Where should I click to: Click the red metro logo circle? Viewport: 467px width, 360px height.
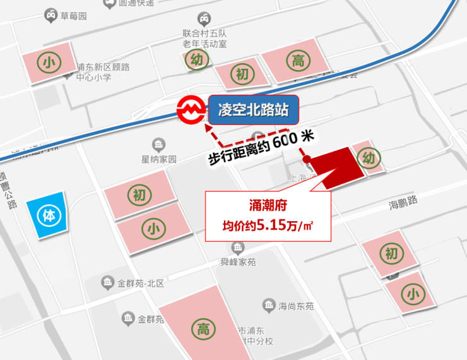[191, 111]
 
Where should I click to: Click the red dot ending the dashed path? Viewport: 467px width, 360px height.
[305, 159]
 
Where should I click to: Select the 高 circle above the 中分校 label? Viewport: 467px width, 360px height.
[203, 328]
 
